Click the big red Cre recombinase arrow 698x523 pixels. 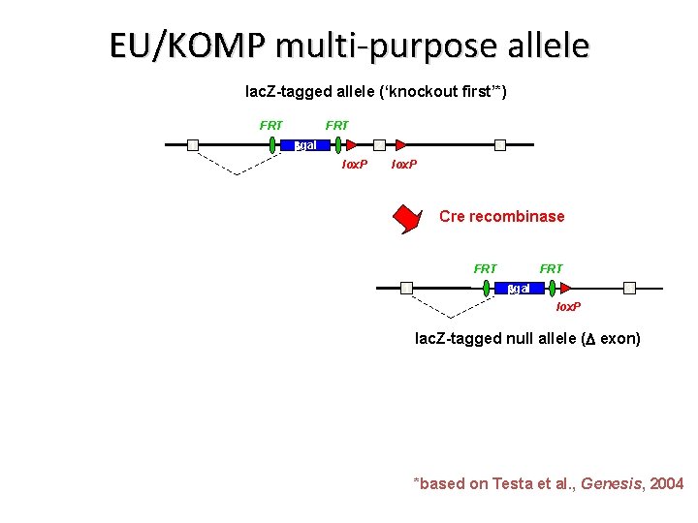click(x=408, y=219)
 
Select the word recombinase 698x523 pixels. click(x=517, y=216)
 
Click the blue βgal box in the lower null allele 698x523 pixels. click(x=519, y=288)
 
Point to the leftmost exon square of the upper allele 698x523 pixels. click(x=193, y=145)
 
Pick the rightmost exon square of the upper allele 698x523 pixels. click(x=500, y=145)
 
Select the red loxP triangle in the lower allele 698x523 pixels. click(x=564, y=288)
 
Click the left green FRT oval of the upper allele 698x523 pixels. click(x=273, y=145)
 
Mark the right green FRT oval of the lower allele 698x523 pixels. click(x=552, y=288)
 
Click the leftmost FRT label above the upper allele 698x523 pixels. click(x=271, y=125)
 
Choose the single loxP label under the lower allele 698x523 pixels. click(x=568, y=307)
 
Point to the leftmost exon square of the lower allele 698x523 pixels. click(x=406, y=288)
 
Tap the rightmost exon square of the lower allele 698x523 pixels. click(x=630, y=288)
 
